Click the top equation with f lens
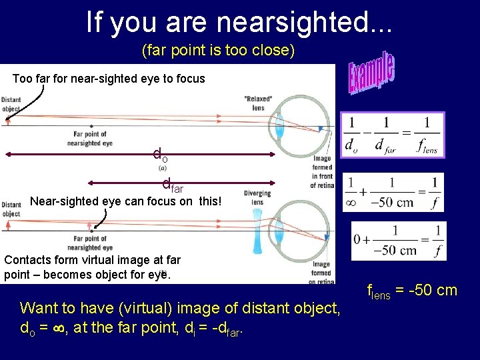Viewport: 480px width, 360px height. tap(392, 134)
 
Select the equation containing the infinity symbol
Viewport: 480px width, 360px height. tap(393, 192)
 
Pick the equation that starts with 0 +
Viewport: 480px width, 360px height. tap(399, 240)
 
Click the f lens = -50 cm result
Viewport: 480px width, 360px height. tap(412, 290)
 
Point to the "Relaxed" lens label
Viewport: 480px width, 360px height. tap(258, 103)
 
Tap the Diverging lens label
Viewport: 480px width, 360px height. tap(257, 198)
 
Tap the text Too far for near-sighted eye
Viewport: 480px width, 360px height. tap(109, 79)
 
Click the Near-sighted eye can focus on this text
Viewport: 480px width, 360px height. tap(125, 201)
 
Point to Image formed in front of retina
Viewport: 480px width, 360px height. tap(324, 171)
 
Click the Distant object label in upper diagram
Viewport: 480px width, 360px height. tap(11, 104)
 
